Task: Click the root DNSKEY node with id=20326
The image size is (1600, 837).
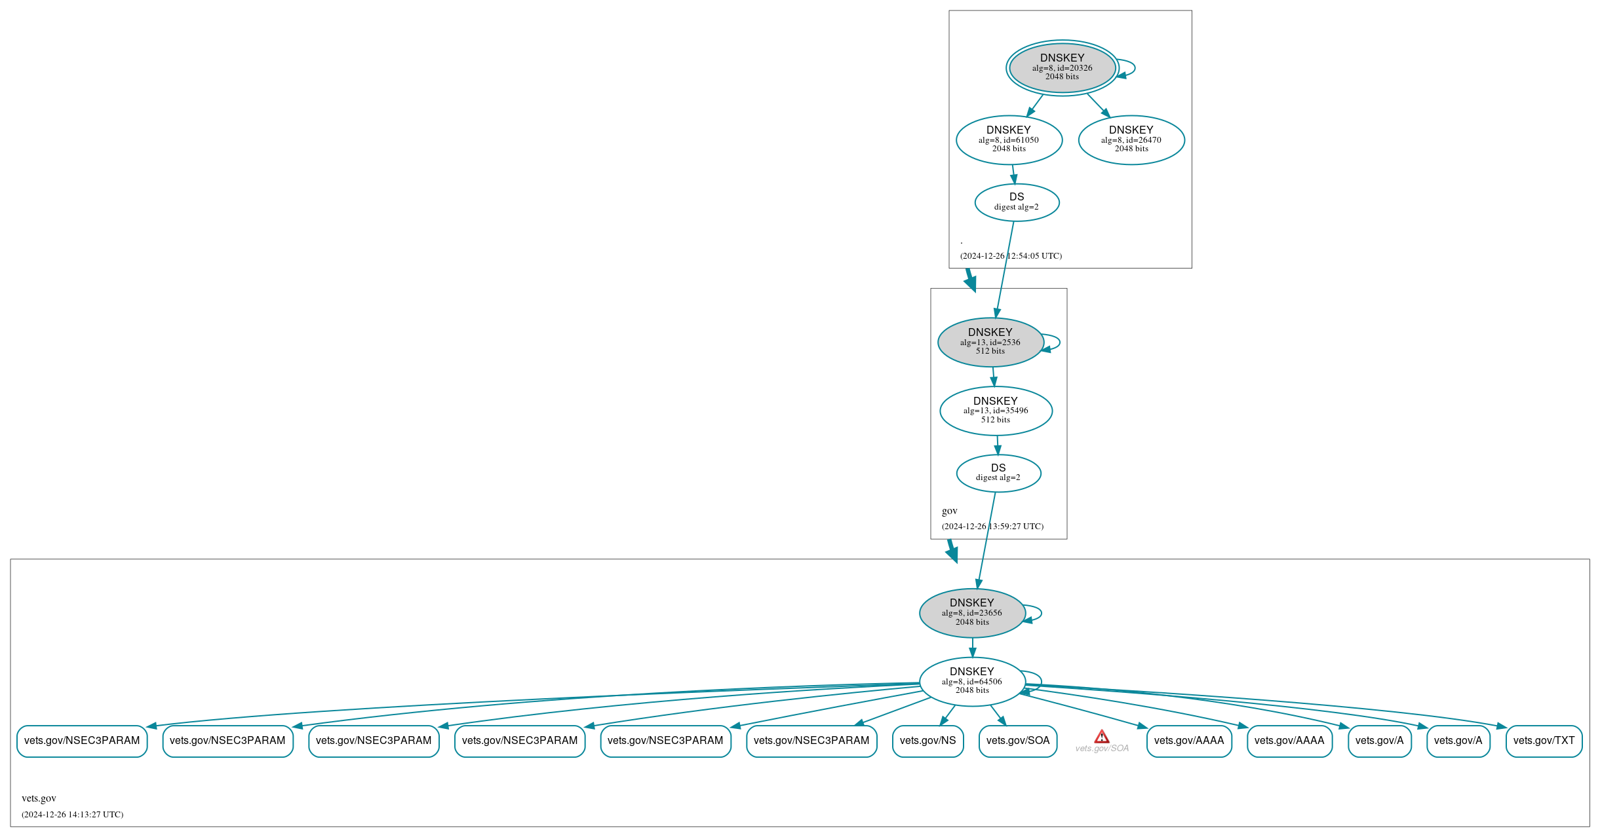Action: point(1062,67)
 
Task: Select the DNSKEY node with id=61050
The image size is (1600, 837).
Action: point(1009,139)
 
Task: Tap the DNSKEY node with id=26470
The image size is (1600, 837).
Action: point(1131,139)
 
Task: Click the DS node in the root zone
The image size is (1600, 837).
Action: point(1017,202)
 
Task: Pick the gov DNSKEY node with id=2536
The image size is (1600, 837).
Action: point(990,342)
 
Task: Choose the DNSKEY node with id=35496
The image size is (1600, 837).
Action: point(996,411)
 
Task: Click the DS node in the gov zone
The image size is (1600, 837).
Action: point(998,473)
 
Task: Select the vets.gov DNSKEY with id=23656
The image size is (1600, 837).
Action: point(972,612)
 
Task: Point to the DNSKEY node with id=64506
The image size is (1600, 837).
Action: point(972,681)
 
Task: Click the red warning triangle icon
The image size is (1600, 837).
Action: point(1102,737)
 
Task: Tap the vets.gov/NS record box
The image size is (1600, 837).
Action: point(927,741)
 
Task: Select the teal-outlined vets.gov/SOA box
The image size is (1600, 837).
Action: point(1017,741)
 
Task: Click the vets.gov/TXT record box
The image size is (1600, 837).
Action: point(1544,741)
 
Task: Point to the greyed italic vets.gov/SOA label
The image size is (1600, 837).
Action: point(1102,749)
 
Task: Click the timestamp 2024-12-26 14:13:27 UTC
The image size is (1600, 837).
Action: point(72,815)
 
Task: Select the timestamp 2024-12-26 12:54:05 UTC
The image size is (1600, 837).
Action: point(1011,256)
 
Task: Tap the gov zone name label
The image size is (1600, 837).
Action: point(949,511)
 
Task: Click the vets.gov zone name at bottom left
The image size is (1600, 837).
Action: point(39,798)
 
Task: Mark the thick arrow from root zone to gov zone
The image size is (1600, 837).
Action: point(970,280)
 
